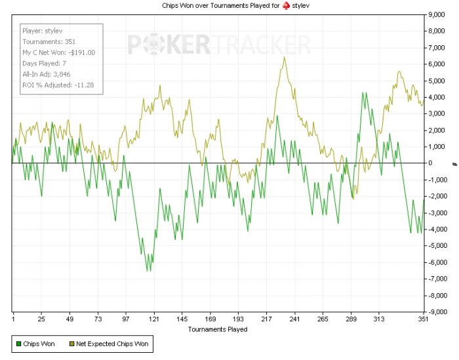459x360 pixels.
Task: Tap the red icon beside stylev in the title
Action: coord(277,5)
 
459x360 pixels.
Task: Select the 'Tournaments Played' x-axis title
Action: coord(217,329)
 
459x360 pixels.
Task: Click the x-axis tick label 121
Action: coord(154,319)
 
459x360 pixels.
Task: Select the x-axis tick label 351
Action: coord(424,319)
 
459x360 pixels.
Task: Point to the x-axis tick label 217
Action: coord(266,319)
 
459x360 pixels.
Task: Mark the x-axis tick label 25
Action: coord(41,319)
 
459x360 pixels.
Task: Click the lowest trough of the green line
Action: coord(148,270)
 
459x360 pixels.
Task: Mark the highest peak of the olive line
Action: coord(284,57)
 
